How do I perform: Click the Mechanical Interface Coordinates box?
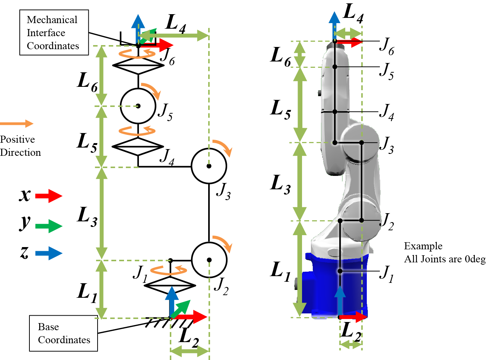click(x=54, y=33)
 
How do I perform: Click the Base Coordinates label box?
click(x=63, y=334)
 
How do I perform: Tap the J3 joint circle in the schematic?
click(x=209, y=166)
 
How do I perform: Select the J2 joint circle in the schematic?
click(x=209, y=260)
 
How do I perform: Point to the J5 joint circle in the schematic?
click(x=138, y=106)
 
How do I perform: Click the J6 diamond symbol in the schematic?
click(x=138, y=66)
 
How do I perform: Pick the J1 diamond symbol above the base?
click(x=170, y=285)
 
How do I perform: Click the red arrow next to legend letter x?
click(x=49, y=196)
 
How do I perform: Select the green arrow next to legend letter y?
click(x=49, y=226)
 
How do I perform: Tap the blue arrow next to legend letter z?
click(x=49, y=253)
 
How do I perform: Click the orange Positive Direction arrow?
click(x=17, y=123)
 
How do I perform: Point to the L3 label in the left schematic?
click(x=87, y=217)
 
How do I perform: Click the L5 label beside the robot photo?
click(x=280, y=110)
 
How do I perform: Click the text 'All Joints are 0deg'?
click(x=445, y=259)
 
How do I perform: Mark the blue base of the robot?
click(x=335, y=287)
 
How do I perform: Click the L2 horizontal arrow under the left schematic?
click(x=190, y=351)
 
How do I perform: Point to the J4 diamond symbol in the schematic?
click(x=138, y=146)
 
